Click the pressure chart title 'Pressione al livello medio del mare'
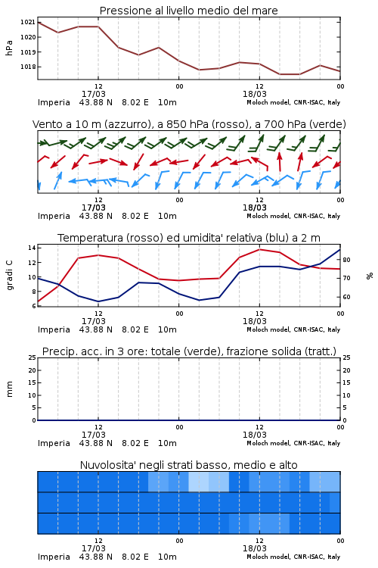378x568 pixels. coord(188,11)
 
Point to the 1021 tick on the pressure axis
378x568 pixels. coord(27,22)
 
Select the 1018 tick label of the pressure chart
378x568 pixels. coord(27,67)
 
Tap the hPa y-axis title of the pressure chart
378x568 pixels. coord(9,48)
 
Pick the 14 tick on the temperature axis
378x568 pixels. coord(32,248)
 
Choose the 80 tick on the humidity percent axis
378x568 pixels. coord(346,260)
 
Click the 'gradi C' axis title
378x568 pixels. coord(9,276)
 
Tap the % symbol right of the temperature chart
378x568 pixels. coord(370,276)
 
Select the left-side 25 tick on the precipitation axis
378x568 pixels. coord(33,357)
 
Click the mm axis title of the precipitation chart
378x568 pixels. coord(9,389)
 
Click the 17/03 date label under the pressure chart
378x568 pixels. coord(93,94)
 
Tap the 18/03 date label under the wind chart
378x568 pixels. coord(255,208)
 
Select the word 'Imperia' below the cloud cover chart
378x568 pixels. coord(54,557)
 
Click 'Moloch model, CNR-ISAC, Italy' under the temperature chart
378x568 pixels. coord(293,329)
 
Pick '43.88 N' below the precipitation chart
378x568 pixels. coord(96,443)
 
